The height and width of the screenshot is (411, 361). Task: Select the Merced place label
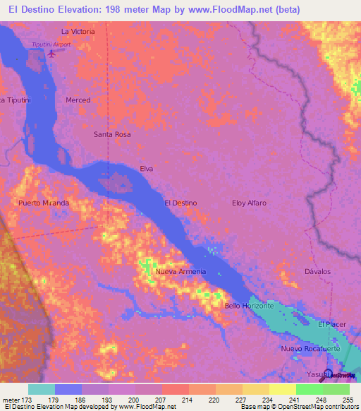(78, 100)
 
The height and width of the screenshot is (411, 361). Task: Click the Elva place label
(147, 169)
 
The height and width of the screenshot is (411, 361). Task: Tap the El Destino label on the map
(180, 203)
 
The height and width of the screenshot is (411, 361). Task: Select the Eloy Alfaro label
(250, 203)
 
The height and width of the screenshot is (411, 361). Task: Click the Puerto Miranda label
(44, 203)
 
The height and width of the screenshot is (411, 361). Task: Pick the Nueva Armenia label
(181, 272)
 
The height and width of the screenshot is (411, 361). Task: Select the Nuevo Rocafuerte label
(311, 349)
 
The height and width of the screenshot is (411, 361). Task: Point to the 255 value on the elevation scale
(344, 400)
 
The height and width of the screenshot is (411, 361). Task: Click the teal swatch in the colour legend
(42, 389)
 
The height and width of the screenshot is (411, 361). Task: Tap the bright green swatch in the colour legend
(309, 389)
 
